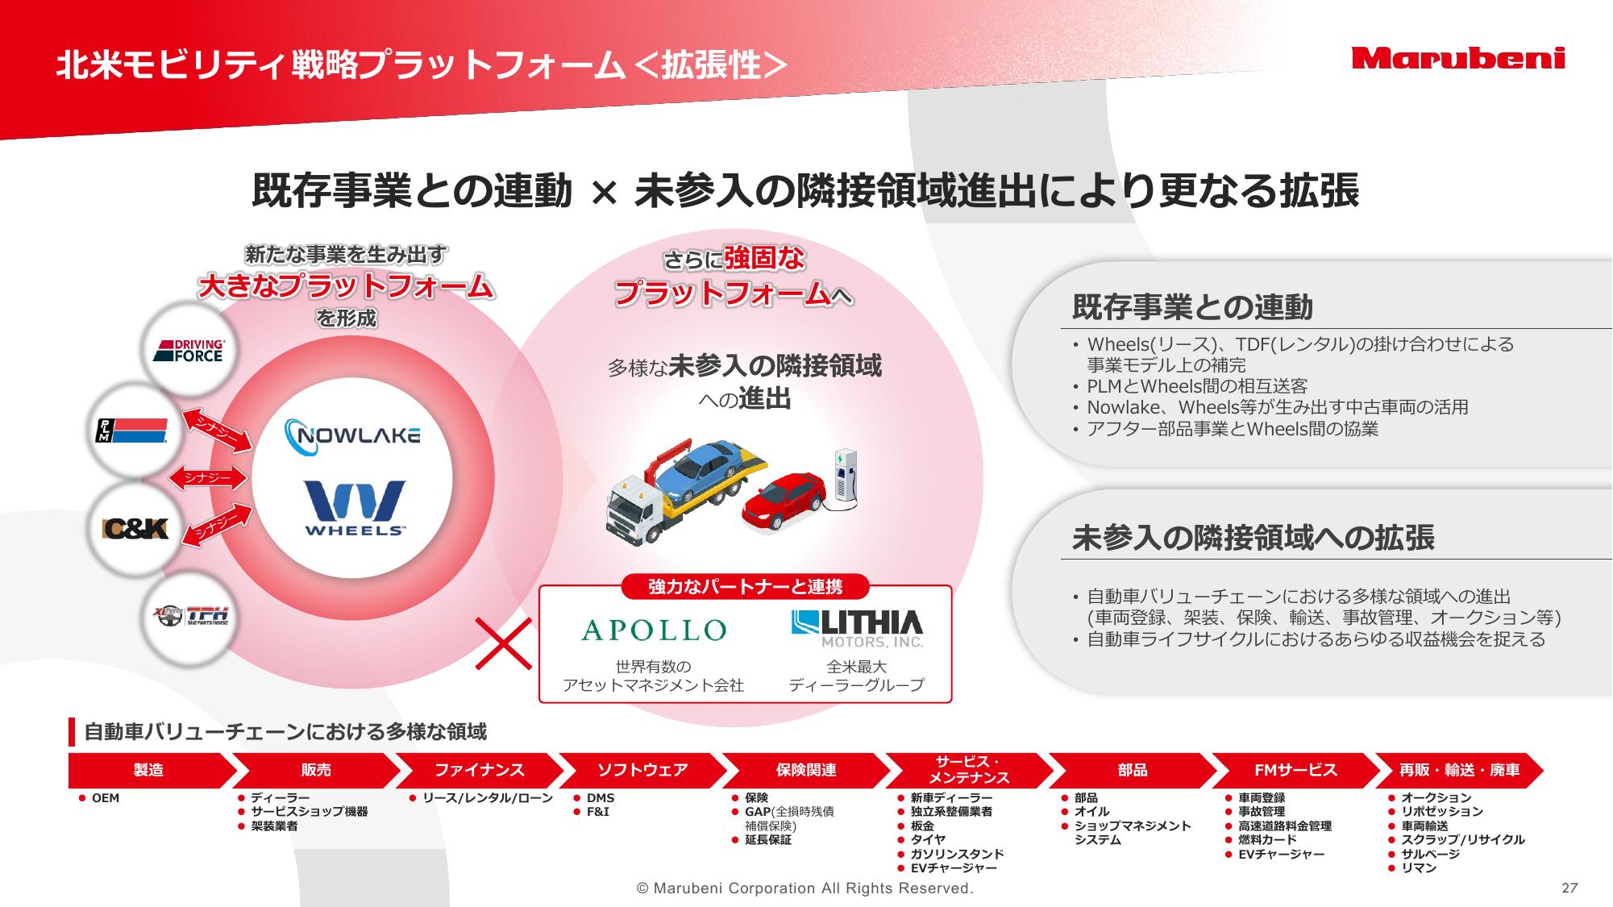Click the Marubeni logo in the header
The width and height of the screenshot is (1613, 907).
pos(1457,58)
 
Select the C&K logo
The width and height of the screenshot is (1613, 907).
pos(135,529)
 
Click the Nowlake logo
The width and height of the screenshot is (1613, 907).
pos(352,435)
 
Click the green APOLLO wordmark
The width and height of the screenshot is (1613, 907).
pos(654,630)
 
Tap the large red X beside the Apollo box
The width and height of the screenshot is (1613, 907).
pos(504,643)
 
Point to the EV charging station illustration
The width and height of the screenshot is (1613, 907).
pos(844,479)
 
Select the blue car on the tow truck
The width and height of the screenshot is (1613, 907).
pos(699,468)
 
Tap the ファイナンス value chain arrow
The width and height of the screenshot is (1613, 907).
pos(479,770)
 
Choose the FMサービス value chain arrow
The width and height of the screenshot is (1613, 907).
pos(1295,770)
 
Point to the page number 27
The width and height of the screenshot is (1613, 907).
pos(1569,888)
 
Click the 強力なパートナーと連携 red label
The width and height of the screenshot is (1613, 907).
pos(745,586)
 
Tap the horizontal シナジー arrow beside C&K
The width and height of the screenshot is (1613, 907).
pos(208,478)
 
